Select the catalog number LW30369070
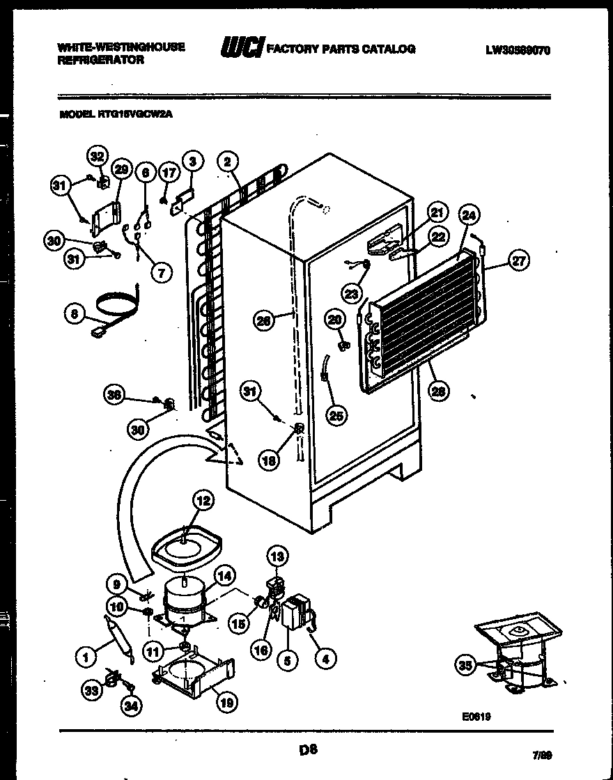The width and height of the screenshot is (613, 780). [518, 49]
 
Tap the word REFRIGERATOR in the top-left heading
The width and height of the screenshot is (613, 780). [101, 60]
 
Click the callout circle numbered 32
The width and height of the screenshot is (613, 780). [97, 157]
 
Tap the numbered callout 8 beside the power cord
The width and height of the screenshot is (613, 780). [75, 314]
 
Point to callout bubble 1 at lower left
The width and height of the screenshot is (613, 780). [86, 655]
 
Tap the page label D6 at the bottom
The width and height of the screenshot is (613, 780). [309, 749]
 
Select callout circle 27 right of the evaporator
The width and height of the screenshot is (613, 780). [519, 261]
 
